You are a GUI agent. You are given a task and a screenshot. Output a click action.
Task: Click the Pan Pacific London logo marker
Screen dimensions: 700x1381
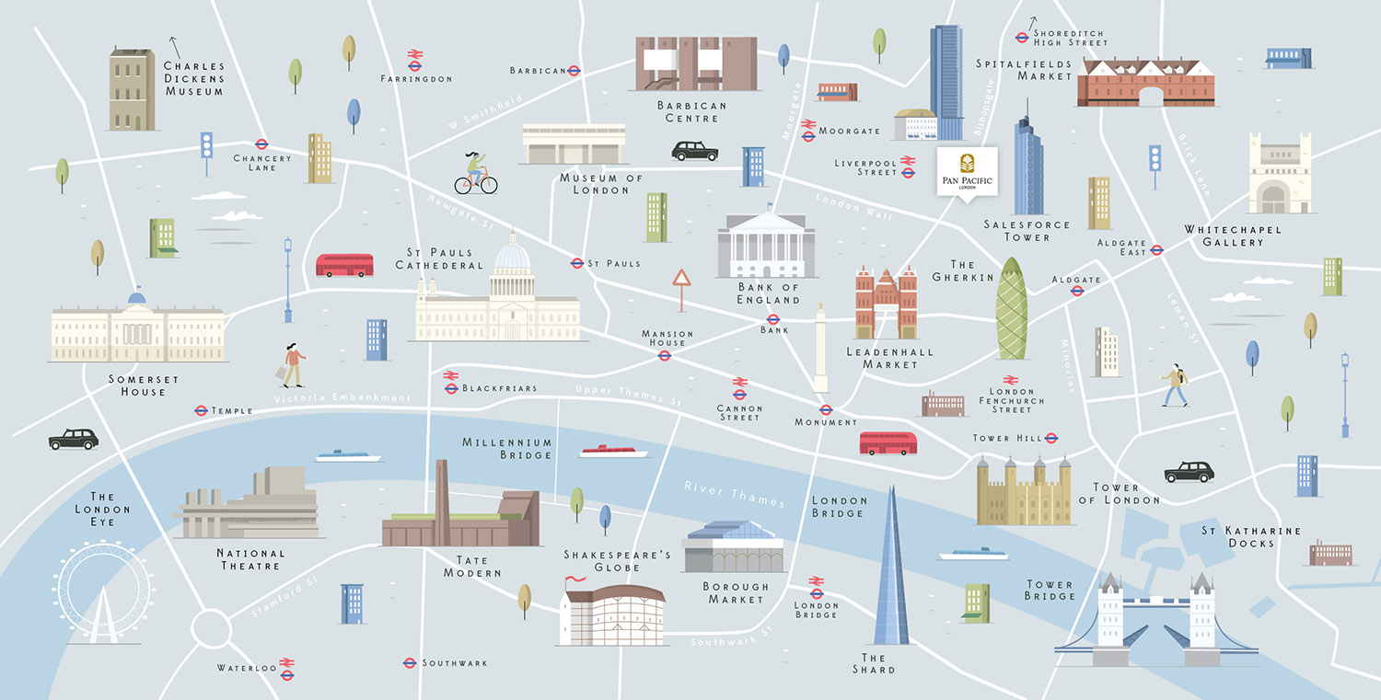pos(966,170)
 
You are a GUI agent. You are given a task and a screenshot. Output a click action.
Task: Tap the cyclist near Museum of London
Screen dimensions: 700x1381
pos(476,174)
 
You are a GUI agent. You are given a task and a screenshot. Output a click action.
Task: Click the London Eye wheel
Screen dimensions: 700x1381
pos(102,586)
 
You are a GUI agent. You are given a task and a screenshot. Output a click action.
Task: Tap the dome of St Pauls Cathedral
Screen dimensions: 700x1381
pos(512,256)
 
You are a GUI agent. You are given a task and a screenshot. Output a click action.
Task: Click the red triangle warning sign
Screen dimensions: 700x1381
pos(681,279)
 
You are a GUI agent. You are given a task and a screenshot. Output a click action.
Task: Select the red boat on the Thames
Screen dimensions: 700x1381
pos(614,451)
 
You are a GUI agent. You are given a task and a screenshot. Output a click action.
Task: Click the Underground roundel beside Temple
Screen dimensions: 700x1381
pos(201,410)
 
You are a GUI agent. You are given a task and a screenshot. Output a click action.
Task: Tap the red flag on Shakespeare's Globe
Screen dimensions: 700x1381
pos(574,580)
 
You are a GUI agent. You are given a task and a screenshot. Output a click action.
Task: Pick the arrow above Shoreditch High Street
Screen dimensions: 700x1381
pos(1032,22)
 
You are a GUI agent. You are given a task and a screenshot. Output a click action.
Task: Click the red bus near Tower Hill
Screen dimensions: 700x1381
pos(888,443)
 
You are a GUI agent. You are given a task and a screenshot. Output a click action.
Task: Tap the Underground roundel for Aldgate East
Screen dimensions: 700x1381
pos(1157,249)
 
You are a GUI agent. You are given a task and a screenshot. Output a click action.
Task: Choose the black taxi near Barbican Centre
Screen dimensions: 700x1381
pos(694,151)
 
